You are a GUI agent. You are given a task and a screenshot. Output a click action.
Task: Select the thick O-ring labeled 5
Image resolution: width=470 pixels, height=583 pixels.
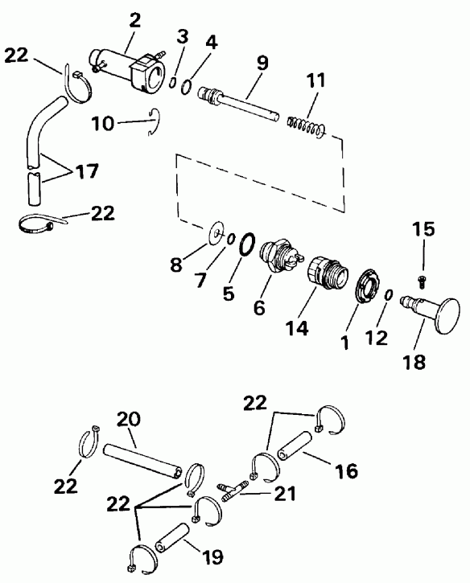click(x=248, y=244)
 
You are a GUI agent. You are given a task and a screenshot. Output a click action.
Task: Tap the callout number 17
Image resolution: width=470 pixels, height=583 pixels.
click(x=87, y=171)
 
